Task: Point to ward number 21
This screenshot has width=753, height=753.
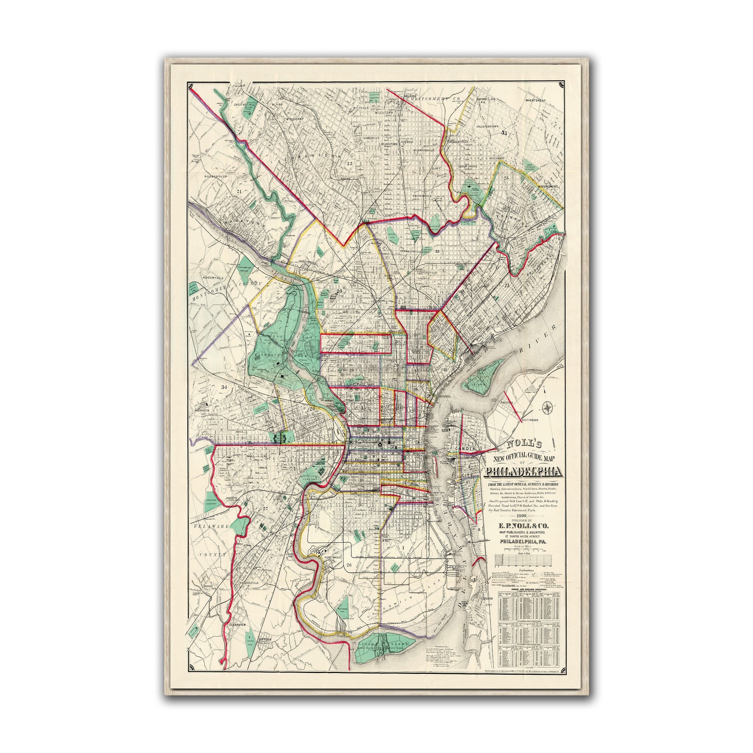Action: pos(239,192)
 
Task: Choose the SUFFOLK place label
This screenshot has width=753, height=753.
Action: pos(265,639)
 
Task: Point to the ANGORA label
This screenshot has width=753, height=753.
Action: pos(231,498)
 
